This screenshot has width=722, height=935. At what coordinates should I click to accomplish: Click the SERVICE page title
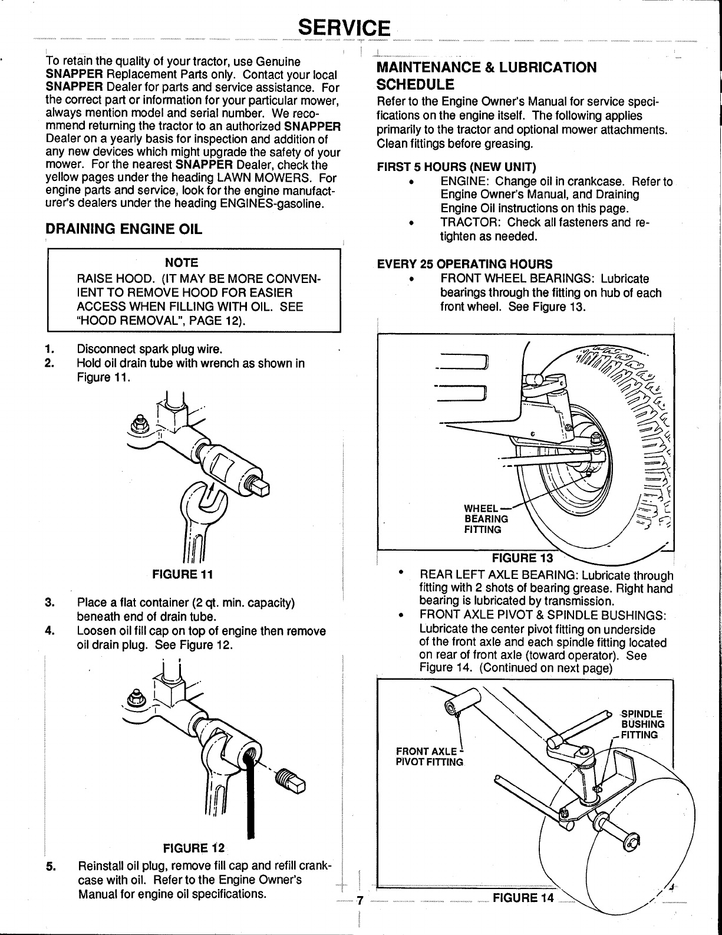coord(344,28)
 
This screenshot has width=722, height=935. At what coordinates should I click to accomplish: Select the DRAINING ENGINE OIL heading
coord(124,229)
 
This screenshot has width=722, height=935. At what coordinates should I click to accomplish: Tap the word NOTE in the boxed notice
coord(182,263)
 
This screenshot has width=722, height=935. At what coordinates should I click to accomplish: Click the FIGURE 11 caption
coord(183,574)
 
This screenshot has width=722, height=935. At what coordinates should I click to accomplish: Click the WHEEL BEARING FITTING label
coord(486,519)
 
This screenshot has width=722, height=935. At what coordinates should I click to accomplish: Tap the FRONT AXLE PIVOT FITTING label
coord(430,752)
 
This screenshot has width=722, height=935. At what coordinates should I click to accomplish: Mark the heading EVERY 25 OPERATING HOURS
coord(464,264)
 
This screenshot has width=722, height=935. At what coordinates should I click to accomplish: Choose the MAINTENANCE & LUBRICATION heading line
coord(486,67)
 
